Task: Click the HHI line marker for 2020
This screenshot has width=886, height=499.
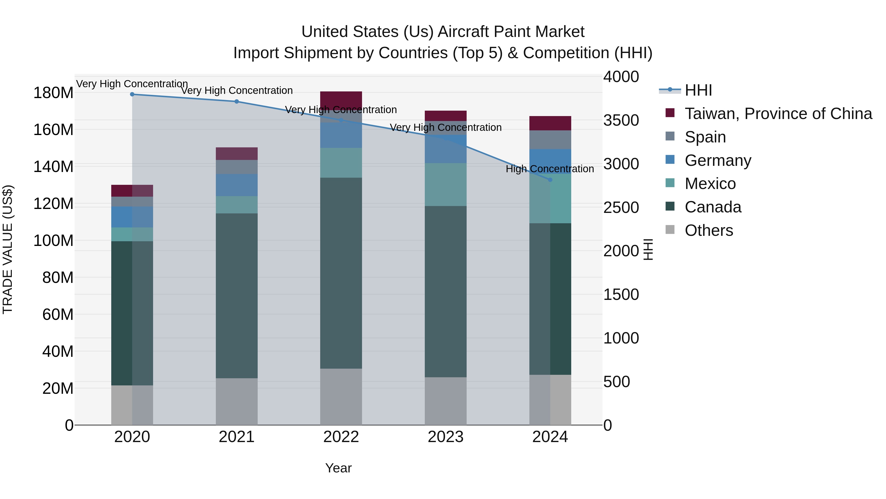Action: pyautogui.click(x=132, y=94)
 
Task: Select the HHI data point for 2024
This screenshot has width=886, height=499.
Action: pyautogui.click(x=550, y=180)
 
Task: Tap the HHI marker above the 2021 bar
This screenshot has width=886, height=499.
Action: pyautogui.click(x=237, y=102)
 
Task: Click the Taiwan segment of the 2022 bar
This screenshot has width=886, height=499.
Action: pyautogui.click(x=341, y=100)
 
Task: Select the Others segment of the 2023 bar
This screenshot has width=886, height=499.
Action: pyautogui.click(x=445, y=401)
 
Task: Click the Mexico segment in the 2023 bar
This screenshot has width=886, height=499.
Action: pyautogui.click(x=445, y=185)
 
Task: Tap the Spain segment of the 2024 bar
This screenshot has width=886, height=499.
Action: pyautogui.click(x=550, y=140)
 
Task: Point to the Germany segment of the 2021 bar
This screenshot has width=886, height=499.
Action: pyautogui.click(x=237, y=185)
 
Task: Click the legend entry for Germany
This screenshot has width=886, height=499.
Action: pyautogui.click(x=718, y=160)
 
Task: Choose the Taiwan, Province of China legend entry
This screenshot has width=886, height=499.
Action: pyautogui.click(x=778, y=114)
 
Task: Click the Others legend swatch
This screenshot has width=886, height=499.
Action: pyautogui.click(x=670, y=230)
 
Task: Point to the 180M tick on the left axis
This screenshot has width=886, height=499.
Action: pyautogui.click(x=53, y=93)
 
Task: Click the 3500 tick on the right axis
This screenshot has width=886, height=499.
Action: pyautogui.click(x=621, y=120)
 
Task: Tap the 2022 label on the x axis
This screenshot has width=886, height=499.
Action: pyautogui.click(x=341, y=437)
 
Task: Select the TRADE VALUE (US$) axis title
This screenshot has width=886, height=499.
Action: pyautogui.click(x=8, y=249)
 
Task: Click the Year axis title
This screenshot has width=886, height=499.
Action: pyautogui.click(x=338, y=468)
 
